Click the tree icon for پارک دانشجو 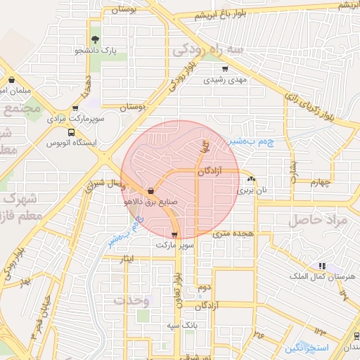click(x=95, y=39)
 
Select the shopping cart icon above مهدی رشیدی click(x=225, y=69)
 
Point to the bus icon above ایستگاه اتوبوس click(x=71, y=131)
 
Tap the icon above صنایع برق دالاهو click(x=151, y=190)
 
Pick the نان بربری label click(x=252, y=191)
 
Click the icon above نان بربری click(x=252, y=180)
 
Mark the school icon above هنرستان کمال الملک click(x=321, y=266)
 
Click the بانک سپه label click(x=181, y=326)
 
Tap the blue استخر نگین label click(x=304, y=348)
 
